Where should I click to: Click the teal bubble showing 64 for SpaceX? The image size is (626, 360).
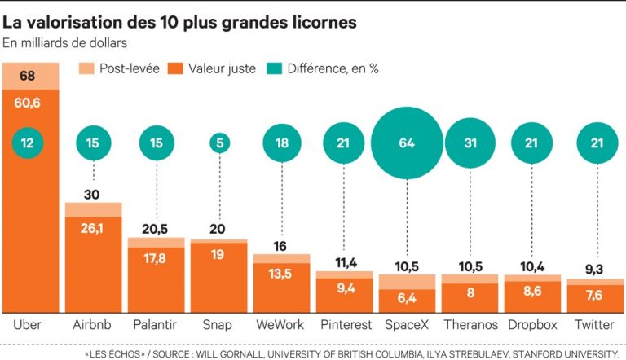click(x=407, y=143)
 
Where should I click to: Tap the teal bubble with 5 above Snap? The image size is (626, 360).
click(x=218, y=143)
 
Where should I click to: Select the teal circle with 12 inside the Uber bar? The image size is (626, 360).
click(x=28, y=143)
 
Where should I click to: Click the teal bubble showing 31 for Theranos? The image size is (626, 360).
click(x=469, y=143)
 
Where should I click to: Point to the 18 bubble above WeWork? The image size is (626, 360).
click(x=281, y=143)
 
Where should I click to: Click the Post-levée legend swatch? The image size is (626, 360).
click(x=86, y=68)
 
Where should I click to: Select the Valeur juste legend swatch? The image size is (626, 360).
click(x=174, y=68)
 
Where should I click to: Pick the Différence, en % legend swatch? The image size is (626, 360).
click(x=274, y=68)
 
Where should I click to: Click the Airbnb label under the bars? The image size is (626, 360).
click(x=93, y=324)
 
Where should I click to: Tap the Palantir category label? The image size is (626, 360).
click(x=156, y=324)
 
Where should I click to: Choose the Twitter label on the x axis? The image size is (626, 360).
click(x=594, y=324)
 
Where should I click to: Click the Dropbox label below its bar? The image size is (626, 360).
click(x=531, y=324)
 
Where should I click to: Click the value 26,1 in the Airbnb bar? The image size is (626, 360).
click(x=94, y=229)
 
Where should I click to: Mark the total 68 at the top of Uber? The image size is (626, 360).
click(x=28, y=77)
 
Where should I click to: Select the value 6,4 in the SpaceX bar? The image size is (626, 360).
click(x=407, y=299)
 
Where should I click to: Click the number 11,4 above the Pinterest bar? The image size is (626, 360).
click(x=344, y=262)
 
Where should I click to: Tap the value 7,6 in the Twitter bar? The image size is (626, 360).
click(x=594, y=295)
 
